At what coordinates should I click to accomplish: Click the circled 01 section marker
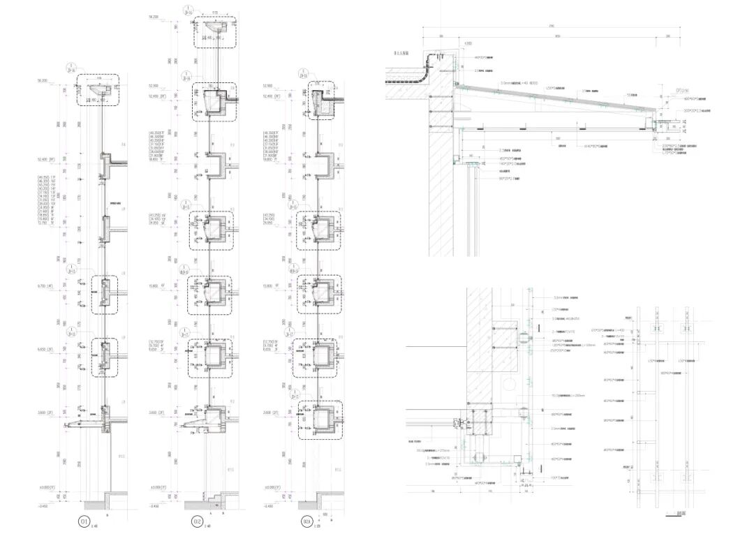click(84, 521)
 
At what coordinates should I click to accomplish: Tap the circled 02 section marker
click(197, 521)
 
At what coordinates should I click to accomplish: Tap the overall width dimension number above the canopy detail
click(552, 27)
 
